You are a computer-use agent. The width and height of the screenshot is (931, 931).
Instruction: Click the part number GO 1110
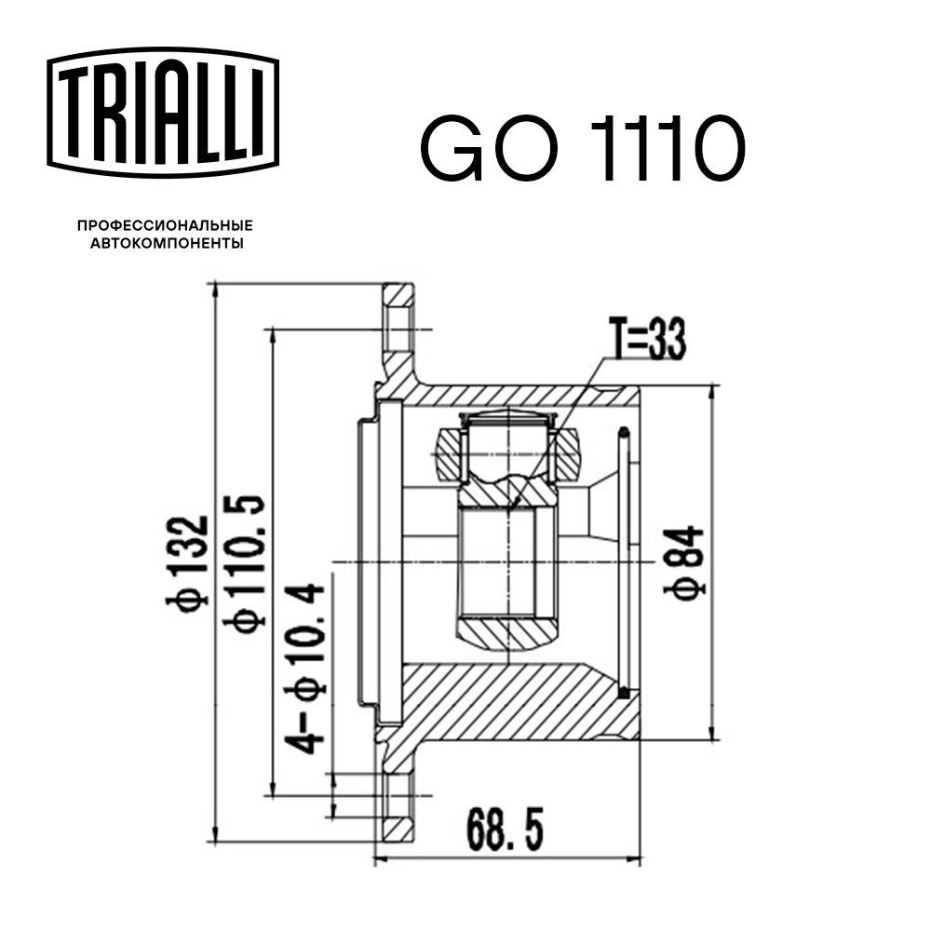(x=583, y=149)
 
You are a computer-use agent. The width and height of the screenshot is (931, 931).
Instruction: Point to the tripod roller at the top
(x=507, y=438)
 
